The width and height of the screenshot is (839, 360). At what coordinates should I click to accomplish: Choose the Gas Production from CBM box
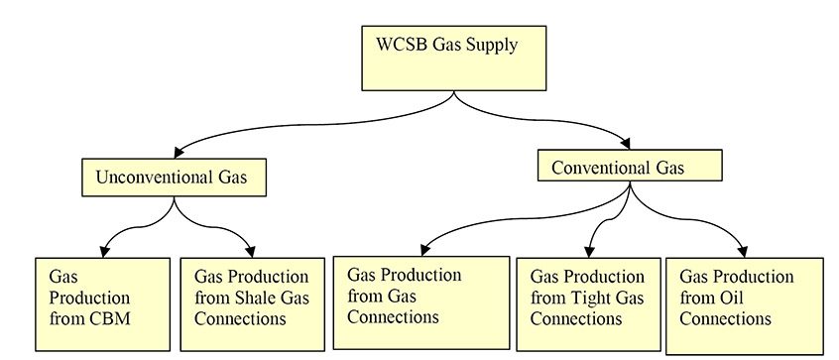point(102,303)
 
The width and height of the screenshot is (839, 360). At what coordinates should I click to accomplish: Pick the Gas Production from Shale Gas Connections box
point(252,303)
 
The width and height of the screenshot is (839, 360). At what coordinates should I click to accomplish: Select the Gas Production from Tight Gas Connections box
point(587,303)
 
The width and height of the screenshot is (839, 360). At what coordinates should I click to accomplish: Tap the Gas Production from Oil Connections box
point(744,304)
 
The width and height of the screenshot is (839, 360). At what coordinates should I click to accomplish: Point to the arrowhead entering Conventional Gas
point(624,143)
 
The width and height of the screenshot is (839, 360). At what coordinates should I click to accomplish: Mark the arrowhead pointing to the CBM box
point(104,250)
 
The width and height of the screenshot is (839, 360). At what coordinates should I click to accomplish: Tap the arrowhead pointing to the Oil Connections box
point(743,249)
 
